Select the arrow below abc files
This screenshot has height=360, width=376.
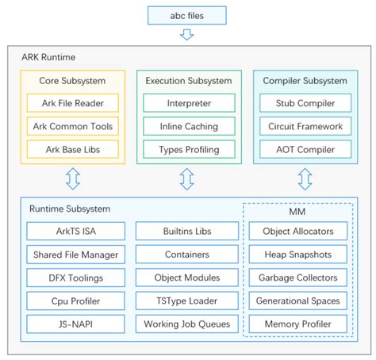tap(187, 34)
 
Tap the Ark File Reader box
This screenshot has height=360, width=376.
tap(72, 102)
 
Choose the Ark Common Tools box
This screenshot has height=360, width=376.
tap(72, 125)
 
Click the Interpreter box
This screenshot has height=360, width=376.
tap(188, 102)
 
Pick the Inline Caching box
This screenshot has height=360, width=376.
tap(188, 125)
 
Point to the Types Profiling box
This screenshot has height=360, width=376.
tap(188, 148)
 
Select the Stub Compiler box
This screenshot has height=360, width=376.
tap(305, 102)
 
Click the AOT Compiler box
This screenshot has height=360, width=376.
tap(305, 148)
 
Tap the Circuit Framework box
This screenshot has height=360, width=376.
tap(305, 125)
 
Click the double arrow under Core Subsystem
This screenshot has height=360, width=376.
tap(72, 179)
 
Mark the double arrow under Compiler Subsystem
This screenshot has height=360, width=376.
tap(305, 179)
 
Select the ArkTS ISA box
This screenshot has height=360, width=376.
tap(75, 232)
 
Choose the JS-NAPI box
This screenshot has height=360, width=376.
tap(75, 324)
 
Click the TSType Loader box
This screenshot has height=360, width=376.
tap(188, 301)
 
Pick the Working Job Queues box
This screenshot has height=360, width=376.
tap(188, 324)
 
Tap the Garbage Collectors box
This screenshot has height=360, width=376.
tap(297, 278)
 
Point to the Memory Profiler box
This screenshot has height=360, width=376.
tap(297, 324)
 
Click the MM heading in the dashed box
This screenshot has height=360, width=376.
tap(297, 213)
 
